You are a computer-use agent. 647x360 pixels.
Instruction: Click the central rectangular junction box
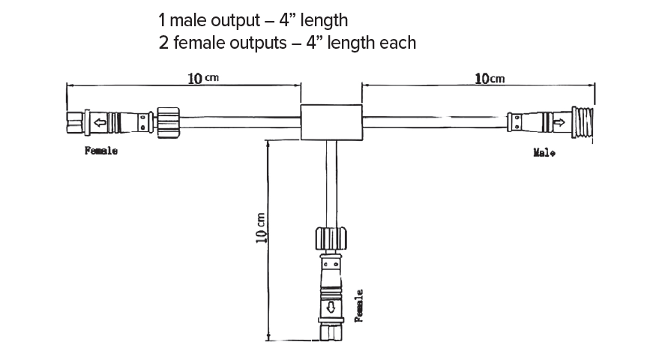pyautogui.click(x=331, y=122)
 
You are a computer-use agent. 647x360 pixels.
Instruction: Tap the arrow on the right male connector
pyautogui.click(x=559, y=122)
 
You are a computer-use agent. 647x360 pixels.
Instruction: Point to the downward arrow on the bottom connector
pyautogui.click(x=331, y=307)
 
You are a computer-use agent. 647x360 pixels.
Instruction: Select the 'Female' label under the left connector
pyautogui.click(x=101, y=151)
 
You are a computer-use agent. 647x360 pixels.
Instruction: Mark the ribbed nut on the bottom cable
pyautogui.click(x=331, y=240)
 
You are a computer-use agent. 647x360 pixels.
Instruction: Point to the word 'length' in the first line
pyautogui.click(x=322, y=19)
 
